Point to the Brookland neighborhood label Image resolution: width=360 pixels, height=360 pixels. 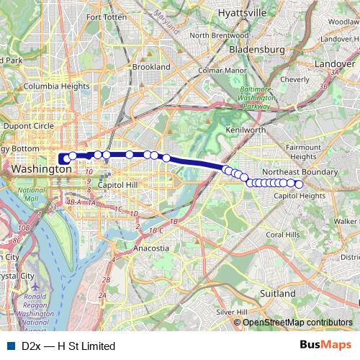150,67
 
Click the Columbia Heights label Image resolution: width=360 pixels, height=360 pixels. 58,86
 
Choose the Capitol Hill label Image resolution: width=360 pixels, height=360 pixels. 117,184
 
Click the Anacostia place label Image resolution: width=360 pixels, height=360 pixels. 151,248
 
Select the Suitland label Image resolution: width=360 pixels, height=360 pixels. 277,294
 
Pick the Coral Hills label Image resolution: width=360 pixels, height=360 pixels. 283,234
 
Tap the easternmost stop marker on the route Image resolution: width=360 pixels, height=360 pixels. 299,184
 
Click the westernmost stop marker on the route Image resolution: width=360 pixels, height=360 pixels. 65,159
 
